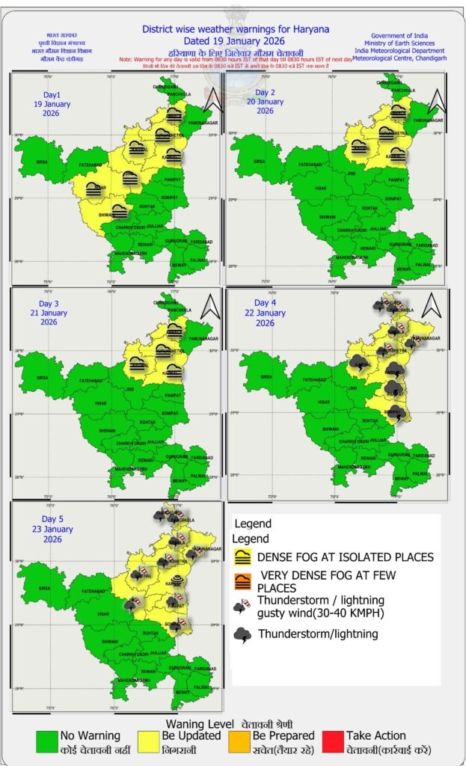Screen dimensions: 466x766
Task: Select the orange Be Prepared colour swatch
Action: pos(240,741)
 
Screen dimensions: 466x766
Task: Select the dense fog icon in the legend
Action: pos(242,557)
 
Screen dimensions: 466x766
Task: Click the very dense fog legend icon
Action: pos(242,579)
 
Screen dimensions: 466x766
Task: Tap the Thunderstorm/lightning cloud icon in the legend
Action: pos(242,635)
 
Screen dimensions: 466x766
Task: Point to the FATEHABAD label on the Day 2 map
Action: pos(311,164)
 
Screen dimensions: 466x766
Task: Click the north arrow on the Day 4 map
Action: pos(430,304)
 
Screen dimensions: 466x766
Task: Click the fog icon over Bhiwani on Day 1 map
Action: pos(117,211)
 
